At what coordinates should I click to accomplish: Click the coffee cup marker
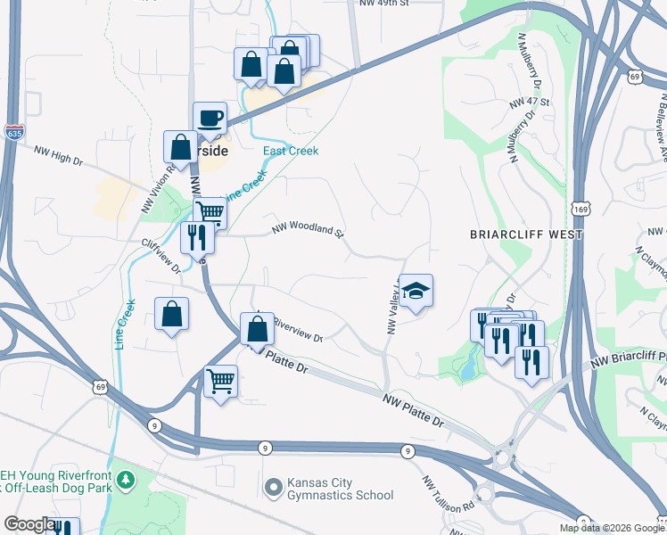click(x=210, y=119)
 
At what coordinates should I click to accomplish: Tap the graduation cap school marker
click(x=416, y=292)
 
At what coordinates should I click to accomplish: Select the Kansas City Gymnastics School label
click(x=340, y=489)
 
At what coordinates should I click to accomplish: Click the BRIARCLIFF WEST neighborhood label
click(x=526, y=235)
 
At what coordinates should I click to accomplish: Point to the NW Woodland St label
click(x=308, y=231)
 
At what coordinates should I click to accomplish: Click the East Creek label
click(x=291, y=151)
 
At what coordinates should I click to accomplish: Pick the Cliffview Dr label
click(x=161, y=255)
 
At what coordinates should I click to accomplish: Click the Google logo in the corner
click(x=29, y=524)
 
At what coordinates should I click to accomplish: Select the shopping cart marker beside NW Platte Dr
click(x=220, y=381)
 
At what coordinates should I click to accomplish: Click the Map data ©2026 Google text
click(x=612, y=528)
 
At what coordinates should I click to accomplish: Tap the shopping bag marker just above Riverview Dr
click(x=257, y=329)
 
